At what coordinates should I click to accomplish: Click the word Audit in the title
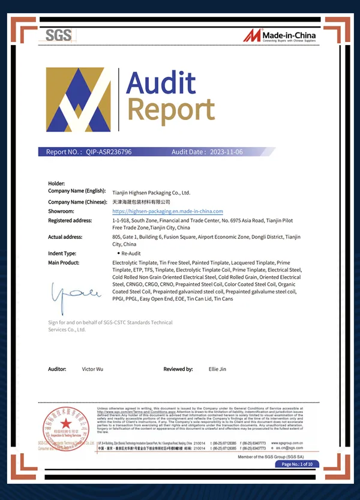pos(161,82)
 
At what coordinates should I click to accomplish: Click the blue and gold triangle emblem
pos(79,100)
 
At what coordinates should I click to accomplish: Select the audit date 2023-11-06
pos(222,152)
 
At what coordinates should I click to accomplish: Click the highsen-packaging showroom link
pos(167,211)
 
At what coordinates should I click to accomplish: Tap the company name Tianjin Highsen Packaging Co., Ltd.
pos(151,193)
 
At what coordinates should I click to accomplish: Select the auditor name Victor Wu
pos(92,369)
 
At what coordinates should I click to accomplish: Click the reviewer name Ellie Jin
pos(217,369)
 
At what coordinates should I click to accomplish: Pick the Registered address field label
pos(70,220)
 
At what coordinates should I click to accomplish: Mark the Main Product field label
pos(64,263)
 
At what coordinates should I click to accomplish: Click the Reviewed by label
pos(178,369)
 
